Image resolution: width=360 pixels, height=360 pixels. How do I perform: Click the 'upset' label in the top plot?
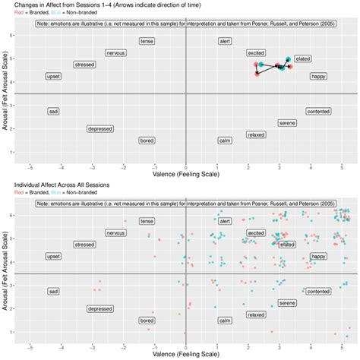point(53,77)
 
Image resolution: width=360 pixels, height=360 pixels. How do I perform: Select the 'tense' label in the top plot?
point(147,41)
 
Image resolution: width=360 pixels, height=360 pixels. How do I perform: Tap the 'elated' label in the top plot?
point(302,58)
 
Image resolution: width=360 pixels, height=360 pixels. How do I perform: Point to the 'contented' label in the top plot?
point(318,111)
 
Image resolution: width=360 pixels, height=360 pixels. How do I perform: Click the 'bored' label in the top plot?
point(147,141)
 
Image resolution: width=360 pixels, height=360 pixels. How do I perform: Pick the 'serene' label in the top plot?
point(288,123)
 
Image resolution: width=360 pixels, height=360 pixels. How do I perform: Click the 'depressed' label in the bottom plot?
point(99,309)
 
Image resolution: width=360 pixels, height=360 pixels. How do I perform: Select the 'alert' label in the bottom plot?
point(225,221)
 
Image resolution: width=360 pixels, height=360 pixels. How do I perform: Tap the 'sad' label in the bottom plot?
point(53,291)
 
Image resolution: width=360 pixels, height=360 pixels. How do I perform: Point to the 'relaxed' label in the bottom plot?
point(256,314)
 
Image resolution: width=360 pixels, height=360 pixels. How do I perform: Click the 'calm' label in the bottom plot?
point(225,321)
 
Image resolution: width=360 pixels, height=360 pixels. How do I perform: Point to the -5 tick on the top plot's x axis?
point(30,166)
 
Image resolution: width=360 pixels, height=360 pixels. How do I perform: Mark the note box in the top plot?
point(185,24)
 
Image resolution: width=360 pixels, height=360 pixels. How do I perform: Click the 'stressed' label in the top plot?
point(84,65)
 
